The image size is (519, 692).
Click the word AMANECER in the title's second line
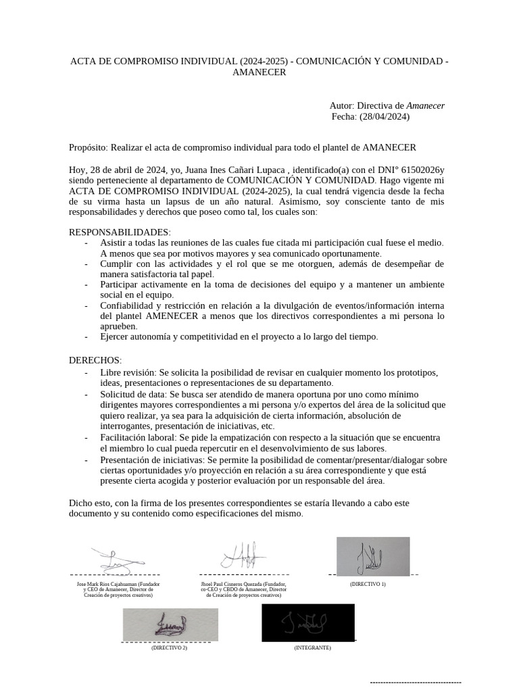pyautogui.click(x=259, y=73)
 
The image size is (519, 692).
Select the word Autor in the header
pyautogui.click(x=341, y=105)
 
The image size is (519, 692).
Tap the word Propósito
pyautogui.click(x=88, y=147)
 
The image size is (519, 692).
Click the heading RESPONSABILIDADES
pyautogui.click(x=120, y=232)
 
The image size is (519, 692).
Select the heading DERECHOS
pyautogui.click(x=95, y=361)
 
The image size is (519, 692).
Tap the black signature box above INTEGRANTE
pyautogui.click(x=307, y=622)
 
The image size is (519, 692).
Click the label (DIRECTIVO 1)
pyautogui.click(x=368, y=583)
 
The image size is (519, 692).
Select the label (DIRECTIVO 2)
pyautogui.click(x=169, y=647)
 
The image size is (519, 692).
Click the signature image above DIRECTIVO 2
pyautogui.click(x=170, y=624)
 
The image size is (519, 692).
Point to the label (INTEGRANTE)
pyautogui.click(x=312, y=647)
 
